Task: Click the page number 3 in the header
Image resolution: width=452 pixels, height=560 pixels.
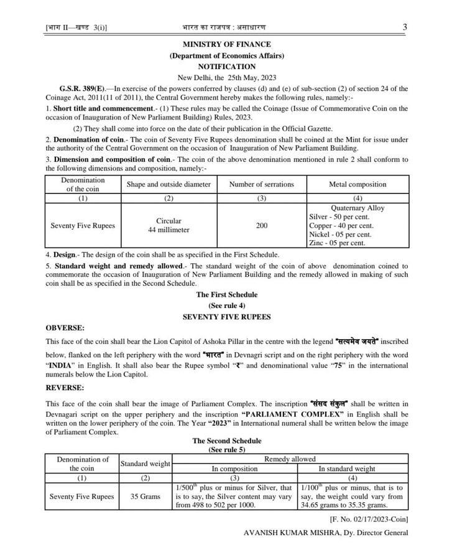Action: point(405,27)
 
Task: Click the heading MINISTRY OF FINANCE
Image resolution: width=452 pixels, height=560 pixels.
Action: point(226,44)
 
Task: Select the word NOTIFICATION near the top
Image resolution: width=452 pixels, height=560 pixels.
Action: point(226,67)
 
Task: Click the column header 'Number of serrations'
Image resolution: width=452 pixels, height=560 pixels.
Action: point(261,184)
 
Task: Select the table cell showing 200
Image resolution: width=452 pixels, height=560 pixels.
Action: point(262,225)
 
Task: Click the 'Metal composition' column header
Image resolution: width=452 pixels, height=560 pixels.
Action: point(357,184)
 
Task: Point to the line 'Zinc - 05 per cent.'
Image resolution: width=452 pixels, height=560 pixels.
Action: point(336,243)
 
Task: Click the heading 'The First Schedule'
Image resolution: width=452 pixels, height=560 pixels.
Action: point(226,294)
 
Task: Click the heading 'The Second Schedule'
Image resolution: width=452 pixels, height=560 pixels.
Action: point(226,441)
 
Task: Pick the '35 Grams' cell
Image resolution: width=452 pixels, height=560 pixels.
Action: point(145,497)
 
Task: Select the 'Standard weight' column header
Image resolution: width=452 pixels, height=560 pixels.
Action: point(145,464)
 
